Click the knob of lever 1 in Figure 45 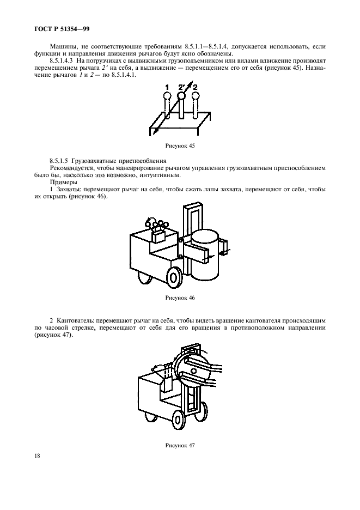[167, 96]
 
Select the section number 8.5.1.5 [60, 162]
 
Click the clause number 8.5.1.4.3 [64, 63]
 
